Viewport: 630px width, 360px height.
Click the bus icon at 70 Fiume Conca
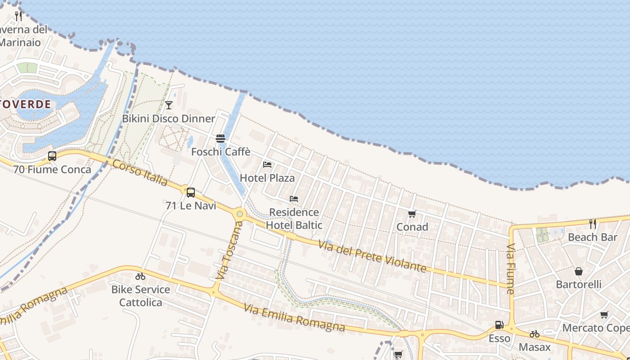click(52, 156)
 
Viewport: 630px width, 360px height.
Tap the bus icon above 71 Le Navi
click(191, 193)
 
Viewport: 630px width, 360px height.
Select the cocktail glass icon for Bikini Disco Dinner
click(169, 105)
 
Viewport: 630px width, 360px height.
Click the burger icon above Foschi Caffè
click(220, 138)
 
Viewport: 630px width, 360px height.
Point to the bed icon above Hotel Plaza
click(267, 165)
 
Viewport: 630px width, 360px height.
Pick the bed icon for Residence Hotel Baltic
click(294, 199)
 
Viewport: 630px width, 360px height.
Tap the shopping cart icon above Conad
click(412, 214)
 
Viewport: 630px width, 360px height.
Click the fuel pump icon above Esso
click(499, 325)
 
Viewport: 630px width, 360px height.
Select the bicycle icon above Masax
click(535, 334)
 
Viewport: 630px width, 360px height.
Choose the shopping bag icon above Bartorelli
click(579, 271)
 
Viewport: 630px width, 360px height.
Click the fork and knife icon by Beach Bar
click(593, 224)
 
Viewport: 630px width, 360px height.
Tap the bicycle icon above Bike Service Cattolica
click(140, 276)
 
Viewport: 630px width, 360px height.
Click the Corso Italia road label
click(140, 173)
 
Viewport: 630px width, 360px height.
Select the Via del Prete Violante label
click(372, 256)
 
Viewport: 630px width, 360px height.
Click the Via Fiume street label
click(510, 269)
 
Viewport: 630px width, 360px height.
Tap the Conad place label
click(412, 227)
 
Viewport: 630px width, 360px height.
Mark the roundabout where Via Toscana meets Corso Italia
click(240, 214)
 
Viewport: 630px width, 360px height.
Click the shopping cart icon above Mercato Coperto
click(604, 315)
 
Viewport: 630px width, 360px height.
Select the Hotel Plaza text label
click(267, 178)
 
